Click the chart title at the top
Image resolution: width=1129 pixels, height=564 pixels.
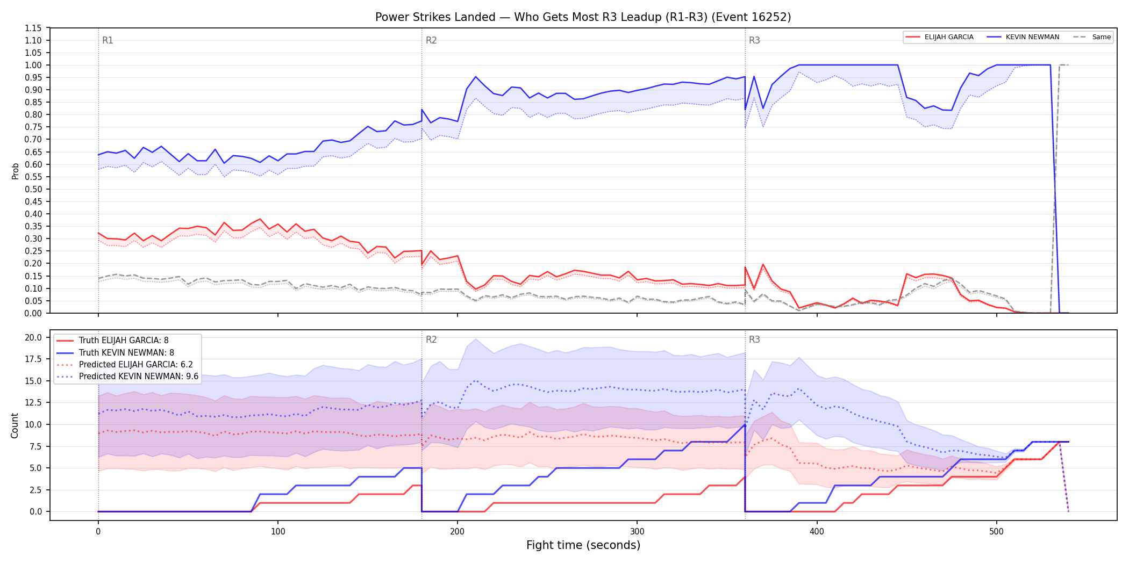(x=583, y=17)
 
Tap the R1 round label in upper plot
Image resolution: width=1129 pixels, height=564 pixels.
(x=108, y=40)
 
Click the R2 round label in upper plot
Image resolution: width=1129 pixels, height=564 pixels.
(x=431, y=40)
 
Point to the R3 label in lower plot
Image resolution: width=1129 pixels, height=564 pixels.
(x=754, y=339)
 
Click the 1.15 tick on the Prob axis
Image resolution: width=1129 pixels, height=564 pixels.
(x=33, y=28)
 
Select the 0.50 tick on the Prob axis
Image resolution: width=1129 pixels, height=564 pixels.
(x=33, y=189)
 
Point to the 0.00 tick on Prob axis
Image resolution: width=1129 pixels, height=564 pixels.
(x=33, y=313)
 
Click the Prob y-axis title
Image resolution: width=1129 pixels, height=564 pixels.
(x=16, y=171)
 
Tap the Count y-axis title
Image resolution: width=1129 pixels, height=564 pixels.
(x=15, y=425)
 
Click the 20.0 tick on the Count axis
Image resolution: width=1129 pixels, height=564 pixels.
(x=33, y=337)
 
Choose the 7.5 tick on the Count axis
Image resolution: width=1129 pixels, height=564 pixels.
(x=35, y=446)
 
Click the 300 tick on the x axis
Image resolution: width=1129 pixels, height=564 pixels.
(x=637, y=532)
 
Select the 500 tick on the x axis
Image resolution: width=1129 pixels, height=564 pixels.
(x=996, y=532)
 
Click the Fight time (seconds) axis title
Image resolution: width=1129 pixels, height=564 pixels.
(x=583, y=545)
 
